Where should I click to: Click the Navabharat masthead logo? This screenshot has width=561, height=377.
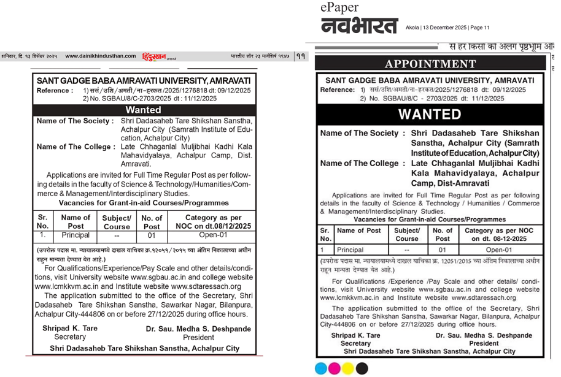click(358, 26)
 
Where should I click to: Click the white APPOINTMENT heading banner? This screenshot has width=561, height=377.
click(430, 64)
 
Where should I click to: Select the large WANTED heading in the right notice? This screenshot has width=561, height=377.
click(430, 114)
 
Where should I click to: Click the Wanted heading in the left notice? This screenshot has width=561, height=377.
click(144, 110)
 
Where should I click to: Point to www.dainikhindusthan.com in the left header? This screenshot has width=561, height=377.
click(101, 56)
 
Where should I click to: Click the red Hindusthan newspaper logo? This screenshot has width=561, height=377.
click(155, 56)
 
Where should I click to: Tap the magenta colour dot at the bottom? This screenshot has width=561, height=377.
click(335, 368)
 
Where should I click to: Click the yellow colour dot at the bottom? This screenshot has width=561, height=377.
click(349, 368)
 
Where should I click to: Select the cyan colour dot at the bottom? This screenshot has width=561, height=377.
click(321, 368)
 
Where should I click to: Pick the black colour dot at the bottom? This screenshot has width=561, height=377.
click(362, 368)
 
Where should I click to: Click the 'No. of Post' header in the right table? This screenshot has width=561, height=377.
click(443, 235)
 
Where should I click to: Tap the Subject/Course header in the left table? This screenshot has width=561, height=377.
click(117, 222)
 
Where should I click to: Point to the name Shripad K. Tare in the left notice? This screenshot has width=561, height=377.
click(70, 329)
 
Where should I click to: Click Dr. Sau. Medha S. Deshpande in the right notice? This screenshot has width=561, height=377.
click(484, 336)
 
